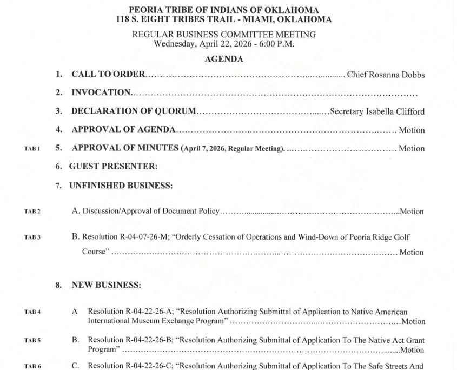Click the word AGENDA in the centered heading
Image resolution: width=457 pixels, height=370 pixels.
224,60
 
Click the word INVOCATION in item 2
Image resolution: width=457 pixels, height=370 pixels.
101,93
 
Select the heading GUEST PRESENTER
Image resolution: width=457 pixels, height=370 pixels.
113,167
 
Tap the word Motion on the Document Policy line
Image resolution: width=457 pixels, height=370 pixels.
412,212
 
